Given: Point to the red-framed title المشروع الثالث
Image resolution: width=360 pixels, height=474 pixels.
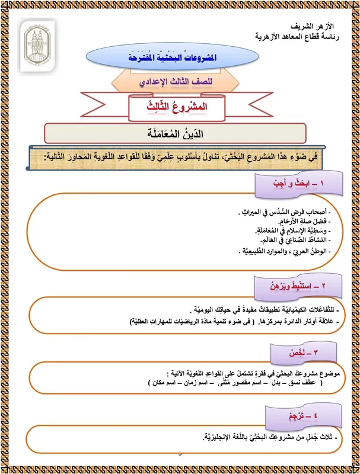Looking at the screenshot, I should (x=180, y=107).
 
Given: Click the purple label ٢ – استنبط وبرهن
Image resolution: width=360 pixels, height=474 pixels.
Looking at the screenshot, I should (x=291, y=288).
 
